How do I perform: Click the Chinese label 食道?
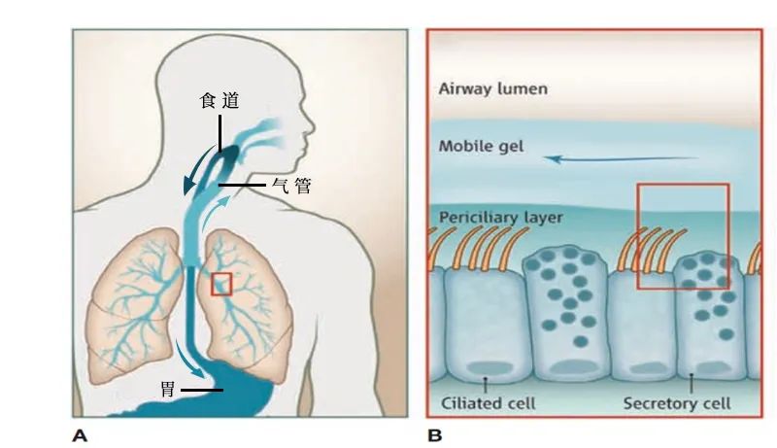pos(220,101)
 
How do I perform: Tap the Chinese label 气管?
pos(291,186)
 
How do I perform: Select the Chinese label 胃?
pos(168,389)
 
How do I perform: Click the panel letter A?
pos(80,436)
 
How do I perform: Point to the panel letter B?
pos(434,436)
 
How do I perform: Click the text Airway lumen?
pos(493,89)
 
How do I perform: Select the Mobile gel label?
pos(481,146)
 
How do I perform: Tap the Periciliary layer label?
pos(501,218)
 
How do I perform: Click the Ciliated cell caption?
pos(489,403)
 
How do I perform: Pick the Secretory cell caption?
pos(677,403)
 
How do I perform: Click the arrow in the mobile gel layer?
pos(621,159)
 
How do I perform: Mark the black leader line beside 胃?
pos(202,390)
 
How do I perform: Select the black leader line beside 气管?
pos(242,186)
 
